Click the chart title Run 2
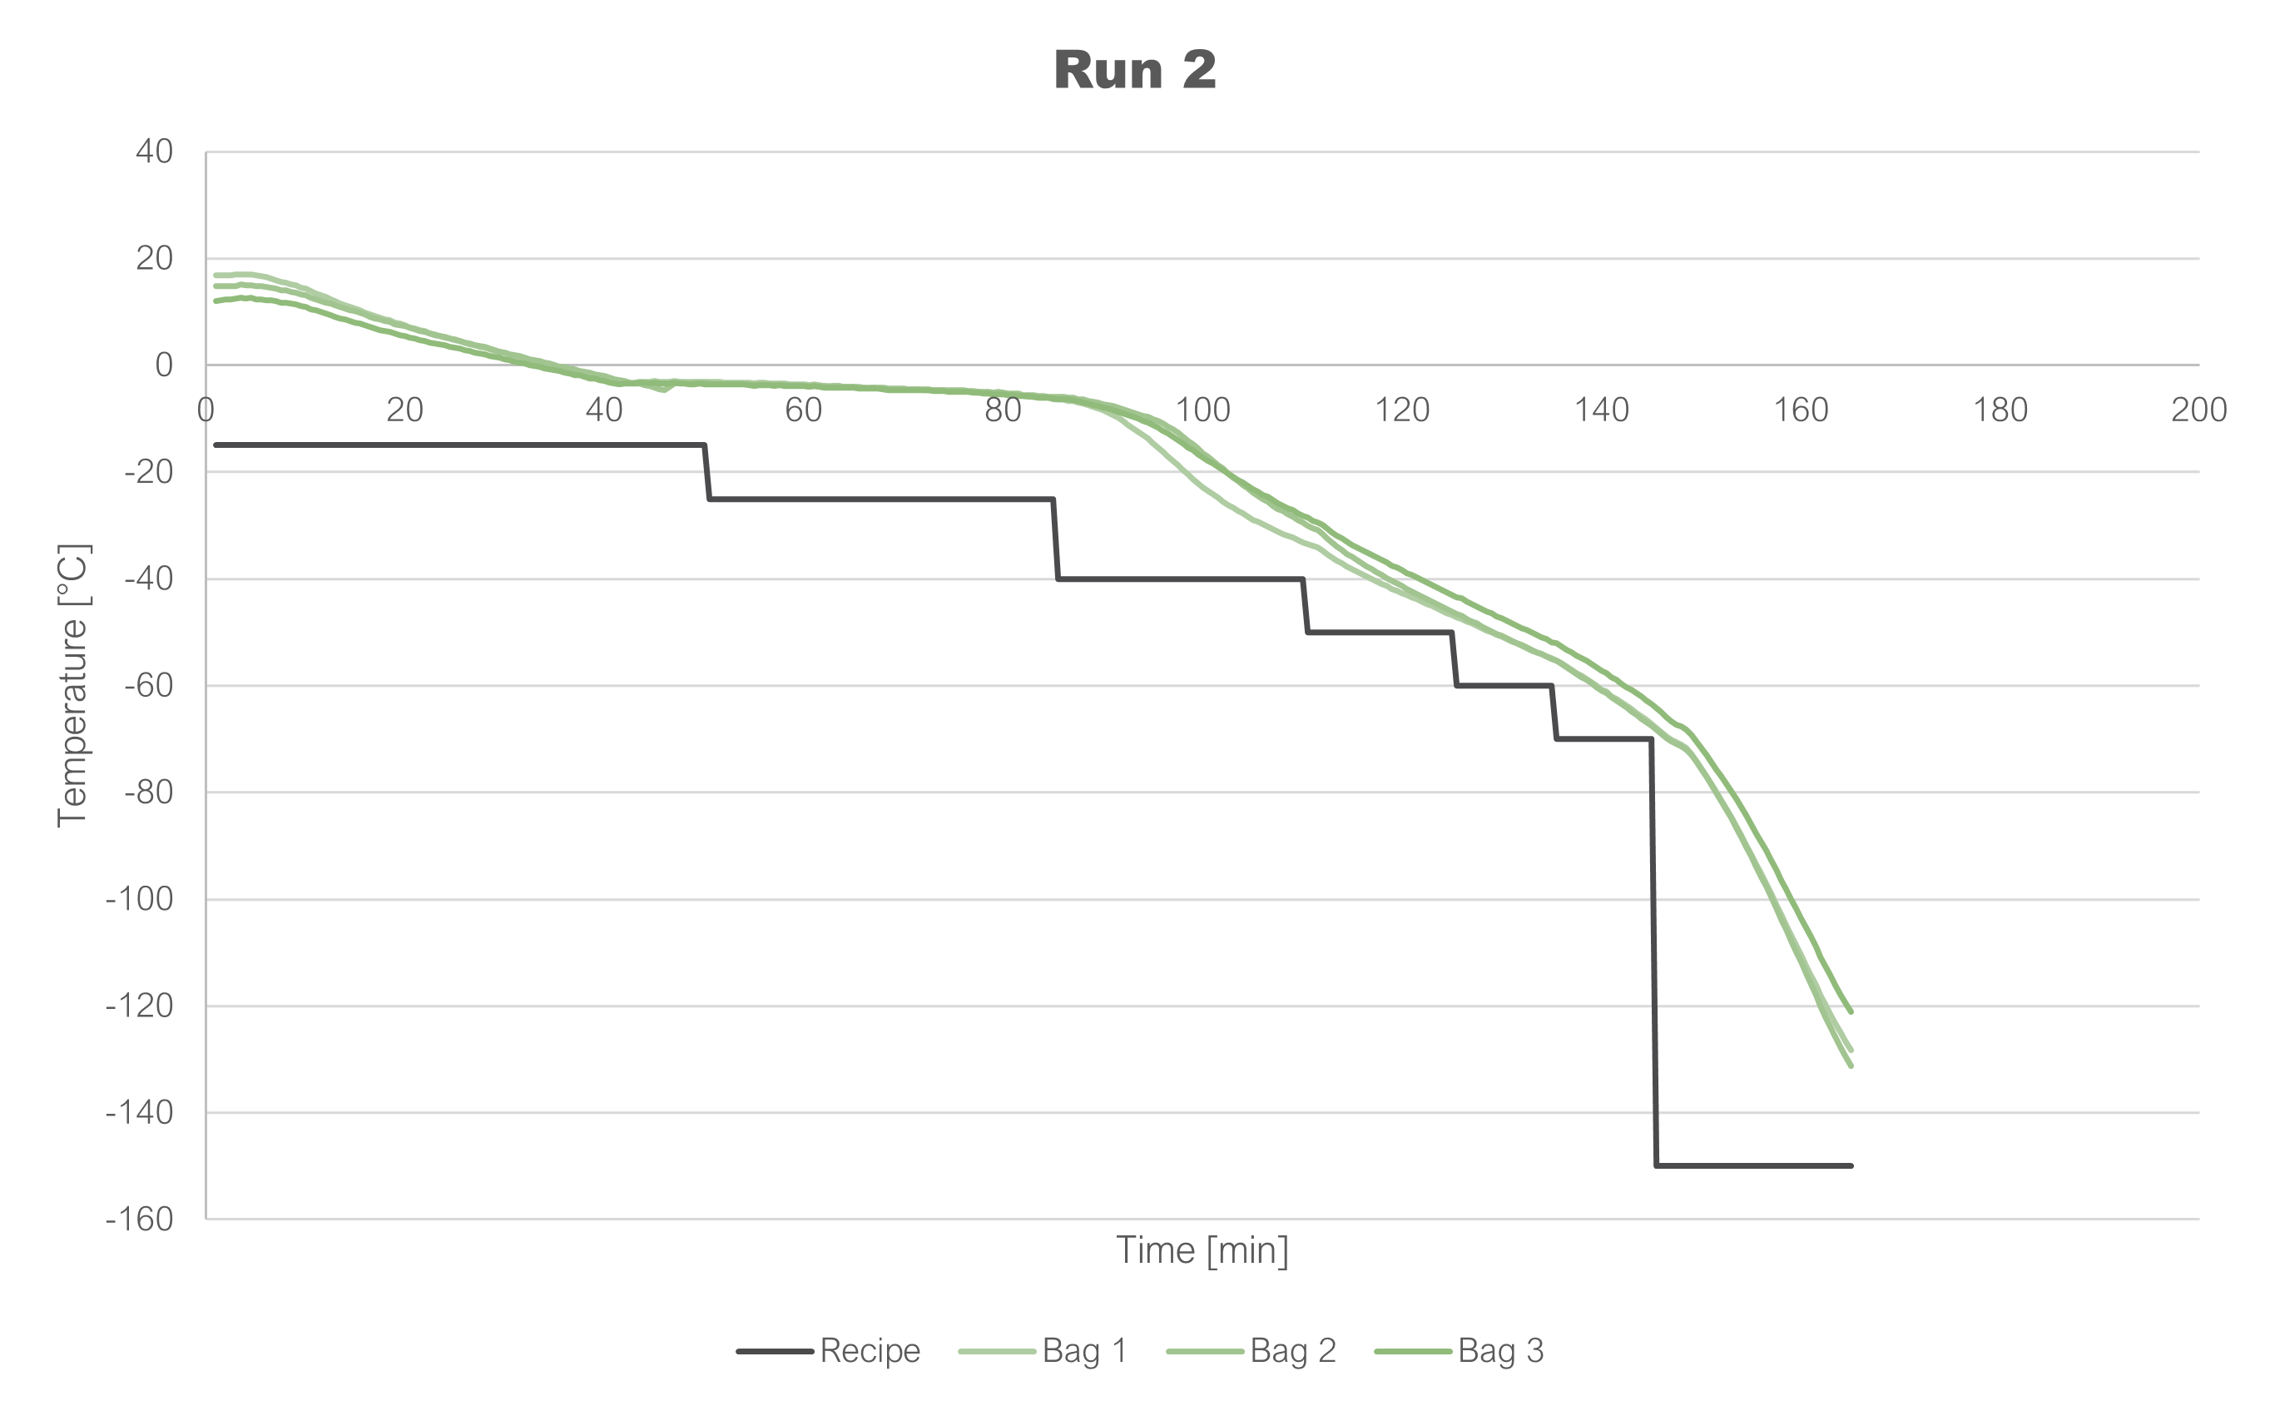pos(1135,71)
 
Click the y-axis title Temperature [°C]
pos(72,685)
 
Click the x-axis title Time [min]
pos(1202,1250)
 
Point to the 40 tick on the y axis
pos(154,152)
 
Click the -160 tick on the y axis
pos(141,1219)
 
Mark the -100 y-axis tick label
pos(141,899)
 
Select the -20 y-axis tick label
pos(148,472)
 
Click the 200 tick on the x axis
pos(2198,410)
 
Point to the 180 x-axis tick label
pos(2000,410)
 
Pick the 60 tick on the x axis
pos(803,410)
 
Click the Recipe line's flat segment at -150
pos(1753,1165)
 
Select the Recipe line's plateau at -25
pos(880,499)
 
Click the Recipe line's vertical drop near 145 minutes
pos(1653,948)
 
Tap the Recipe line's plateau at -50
pos(1380,633)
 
